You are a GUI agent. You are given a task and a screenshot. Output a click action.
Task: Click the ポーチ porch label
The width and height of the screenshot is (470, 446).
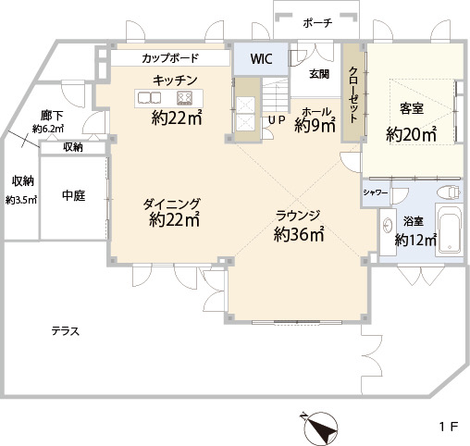[x=317, y=23]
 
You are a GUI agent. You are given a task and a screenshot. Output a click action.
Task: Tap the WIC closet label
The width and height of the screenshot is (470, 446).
[x=261, y=59]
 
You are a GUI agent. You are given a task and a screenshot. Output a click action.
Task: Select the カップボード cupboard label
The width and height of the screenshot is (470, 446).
[x=170, y=58]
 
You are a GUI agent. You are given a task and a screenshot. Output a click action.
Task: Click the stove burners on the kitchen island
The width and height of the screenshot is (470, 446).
[x=185, y=98]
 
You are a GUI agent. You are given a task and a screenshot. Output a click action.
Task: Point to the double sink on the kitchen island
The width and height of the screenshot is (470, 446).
[x=150, y=98]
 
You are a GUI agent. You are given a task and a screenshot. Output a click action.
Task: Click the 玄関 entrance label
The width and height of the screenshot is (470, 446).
[x=319, y=74]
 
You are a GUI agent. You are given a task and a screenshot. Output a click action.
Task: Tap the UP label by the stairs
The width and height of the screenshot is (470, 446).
[x=277, y=120]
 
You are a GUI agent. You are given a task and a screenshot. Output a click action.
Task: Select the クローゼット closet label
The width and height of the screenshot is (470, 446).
[x=353, y=94]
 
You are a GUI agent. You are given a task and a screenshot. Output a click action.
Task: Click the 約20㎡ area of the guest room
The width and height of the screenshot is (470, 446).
[x=412, y=134]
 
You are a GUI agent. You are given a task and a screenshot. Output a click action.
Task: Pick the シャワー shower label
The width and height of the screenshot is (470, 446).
[x=376, y=192]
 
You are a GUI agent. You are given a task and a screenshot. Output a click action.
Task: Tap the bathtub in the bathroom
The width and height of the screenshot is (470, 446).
[x=450, y=229]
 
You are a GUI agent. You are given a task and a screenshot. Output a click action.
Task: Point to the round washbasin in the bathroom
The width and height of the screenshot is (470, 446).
[x=388, y=225]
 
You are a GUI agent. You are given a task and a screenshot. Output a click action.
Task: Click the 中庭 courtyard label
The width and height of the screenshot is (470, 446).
[x=74, y=195]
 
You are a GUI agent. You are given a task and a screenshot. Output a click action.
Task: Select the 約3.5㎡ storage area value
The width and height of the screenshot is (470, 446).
[x=21, y=201]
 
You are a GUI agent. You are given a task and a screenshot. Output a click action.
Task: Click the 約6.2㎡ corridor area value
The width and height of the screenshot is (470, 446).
[x=48, y=129]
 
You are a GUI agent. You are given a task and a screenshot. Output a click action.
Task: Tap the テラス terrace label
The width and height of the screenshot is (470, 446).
[x=66, y=331]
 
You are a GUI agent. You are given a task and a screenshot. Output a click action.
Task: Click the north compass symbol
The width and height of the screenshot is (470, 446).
[x=320, y=427]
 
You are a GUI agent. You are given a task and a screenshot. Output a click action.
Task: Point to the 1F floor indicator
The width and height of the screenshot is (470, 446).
[x=449, y=427]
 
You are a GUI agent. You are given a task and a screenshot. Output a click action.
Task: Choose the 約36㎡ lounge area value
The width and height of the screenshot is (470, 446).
[x=299, y=234]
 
